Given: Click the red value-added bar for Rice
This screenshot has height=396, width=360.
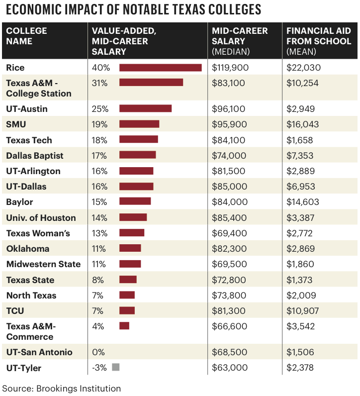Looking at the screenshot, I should pyautogui.click(x=160, y=68).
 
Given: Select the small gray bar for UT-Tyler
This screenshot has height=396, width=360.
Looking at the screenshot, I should pyautogui.click(x=116, y=368).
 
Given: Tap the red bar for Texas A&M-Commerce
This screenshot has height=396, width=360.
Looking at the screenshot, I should pyautogui.click(x=124, y=326).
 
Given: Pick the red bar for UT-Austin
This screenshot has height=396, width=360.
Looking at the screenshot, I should pyautogui.click(x=145, y=108).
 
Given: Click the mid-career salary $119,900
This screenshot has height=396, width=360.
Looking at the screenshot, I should pyautogui.click(x=230, y=68).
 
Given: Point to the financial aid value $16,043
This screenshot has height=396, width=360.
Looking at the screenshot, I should pyautogui.click(x=302, y=124).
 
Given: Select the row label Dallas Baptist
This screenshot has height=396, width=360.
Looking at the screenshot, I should pyautogui.click(x=35, y=156).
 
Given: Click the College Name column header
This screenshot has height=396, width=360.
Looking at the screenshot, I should pyautogui.click(x=27, y=36).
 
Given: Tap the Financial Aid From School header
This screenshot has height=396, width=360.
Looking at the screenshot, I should pyautogui.click(x=319, y=41).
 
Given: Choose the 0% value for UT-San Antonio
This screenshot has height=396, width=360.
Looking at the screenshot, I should pyautogui.click(x=98, y=352).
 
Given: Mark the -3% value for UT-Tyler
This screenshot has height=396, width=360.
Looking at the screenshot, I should pyautogui.click(x=99, y=368).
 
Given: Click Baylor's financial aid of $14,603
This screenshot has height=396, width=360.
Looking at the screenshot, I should pyautogui.click(x=302, y=202).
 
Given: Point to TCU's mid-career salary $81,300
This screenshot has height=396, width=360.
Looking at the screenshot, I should pyautogui.click(x=229, y=311).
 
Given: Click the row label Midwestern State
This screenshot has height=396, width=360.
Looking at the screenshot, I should pyautogui.click(x=43, y=264).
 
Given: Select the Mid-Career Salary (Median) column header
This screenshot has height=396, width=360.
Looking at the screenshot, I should pyautogui.click(x=240, y=41).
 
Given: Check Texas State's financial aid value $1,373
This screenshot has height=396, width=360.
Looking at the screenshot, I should pyautogui.click(x=300, y=280).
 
